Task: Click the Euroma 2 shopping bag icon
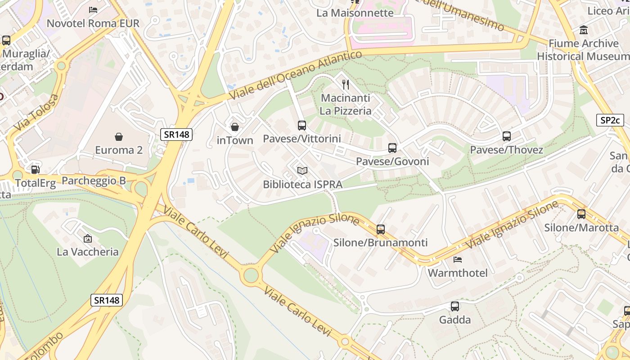(119, 136)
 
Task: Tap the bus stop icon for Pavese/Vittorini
(302, 125)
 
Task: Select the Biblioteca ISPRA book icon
(302, 171)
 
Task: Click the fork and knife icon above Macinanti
(346, 84)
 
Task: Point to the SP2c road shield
(610, 120)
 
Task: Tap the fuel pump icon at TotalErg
(35, 170)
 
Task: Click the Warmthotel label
(458, 273)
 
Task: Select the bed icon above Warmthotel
(458, 260)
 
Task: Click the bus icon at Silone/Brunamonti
(381, 229)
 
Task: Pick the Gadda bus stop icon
(455, 306)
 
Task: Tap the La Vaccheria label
(88, 252)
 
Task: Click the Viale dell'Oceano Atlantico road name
(295, 76)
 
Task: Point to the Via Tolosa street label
(36, 113)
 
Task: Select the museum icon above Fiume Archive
(584, 30)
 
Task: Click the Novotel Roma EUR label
(93, 23)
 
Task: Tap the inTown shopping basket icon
(234, 127)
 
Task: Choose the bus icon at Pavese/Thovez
(507, 136)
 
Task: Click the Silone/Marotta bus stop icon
(581, 214)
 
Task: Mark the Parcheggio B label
(94, 180)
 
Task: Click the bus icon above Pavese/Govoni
(392, 148)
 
